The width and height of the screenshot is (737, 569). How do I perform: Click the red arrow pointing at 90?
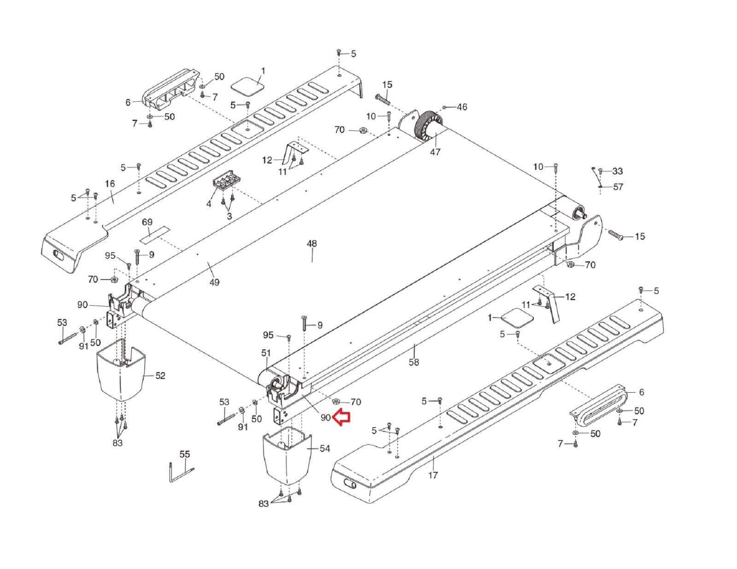342,417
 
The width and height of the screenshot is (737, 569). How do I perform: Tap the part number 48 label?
312,244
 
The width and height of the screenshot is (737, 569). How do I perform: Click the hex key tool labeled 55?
179,472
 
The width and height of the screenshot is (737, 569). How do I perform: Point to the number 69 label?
147,222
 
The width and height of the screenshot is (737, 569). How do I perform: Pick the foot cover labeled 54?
286,457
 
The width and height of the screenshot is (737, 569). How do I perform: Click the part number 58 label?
414,362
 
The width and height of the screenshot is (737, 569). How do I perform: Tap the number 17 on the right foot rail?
433,475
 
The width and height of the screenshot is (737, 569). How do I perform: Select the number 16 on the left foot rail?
110,184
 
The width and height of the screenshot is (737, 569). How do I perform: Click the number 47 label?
435,152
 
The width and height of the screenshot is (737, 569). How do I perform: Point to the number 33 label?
617,171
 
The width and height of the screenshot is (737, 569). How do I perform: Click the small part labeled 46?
444,107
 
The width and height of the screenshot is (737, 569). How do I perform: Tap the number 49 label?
214,282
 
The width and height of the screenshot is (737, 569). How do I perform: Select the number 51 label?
266,353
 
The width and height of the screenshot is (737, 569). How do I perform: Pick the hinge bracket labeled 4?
225,180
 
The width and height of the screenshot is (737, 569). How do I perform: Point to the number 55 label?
184,454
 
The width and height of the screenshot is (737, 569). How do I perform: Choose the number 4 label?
209,203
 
